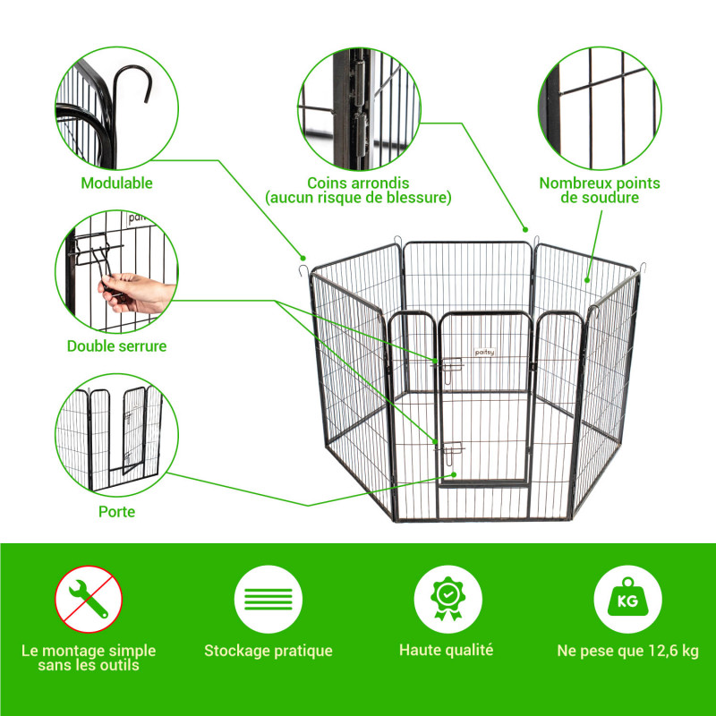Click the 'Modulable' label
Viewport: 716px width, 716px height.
[116, 183]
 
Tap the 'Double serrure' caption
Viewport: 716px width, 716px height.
[116, 345]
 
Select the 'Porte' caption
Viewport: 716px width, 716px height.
[116, 512]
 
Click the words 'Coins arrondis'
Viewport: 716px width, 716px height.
[357, 183]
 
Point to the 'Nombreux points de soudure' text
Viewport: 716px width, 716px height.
[599, 190]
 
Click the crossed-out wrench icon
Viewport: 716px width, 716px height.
[89, 599]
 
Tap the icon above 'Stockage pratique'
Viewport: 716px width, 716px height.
[268, 599]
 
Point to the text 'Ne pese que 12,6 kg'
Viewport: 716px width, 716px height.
[627, 651]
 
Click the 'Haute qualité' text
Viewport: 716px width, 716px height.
[447, 651]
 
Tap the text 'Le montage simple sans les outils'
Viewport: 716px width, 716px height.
[89, 658]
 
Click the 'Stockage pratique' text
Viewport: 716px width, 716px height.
[268, 651]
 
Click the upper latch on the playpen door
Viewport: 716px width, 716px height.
[447, 363]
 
